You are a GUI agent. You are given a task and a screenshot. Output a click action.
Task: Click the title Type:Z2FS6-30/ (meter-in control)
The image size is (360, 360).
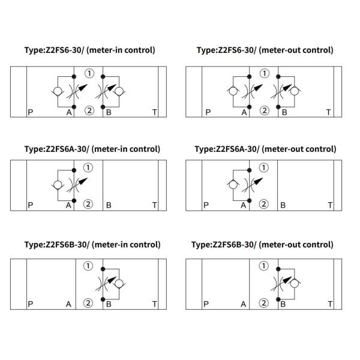pos(89,50)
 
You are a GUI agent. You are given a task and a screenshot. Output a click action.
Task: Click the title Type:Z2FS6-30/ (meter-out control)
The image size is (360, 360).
pos(265,50)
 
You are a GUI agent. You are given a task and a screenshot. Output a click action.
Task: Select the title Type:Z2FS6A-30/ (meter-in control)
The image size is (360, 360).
pos(92,149)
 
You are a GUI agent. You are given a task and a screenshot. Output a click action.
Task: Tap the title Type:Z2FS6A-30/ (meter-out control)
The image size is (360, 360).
pos(262,149)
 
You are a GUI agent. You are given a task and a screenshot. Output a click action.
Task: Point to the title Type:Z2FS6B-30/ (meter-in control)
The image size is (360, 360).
pos(92,244)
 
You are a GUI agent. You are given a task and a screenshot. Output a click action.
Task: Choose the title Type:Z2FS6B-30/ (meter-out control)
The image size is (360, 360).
pos(262,244)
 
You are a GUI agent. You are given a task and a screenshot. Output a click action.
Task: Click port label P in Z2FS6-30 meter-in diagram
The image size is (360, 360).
pos(31,112)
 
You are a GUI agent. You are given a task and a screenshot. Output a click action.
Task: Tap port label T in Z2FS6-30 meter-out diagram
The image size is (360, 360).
pos(328,112)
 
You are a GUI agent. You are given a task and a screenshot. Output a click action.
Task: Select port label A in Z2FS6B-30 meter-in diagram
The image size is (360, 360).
pos(69,304)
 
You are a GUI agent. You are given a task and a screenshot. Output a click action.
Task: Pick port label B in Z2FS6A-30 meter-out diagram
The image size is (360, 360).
pos(283,205)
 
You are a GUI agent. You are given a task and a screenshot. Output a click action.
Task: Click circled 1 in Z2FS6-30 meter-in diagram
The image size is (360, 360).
pos(89,74)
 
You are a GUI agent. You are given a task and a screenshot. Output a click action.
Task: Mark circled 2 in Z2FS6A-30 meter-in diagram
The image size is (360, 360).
pos(88,204)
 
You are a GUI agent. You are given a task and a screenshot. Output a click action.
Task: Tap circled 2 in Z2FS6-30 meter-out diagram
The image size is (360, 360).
pos(264,110)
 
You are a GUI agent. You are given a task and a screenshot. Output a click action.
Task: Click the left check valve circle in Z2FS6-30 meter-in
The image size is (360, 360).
pos(56,92)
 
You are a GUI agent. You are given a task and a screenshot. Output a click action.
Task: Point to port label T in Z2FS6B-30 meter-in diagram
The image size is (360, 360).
pos(154,304)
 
